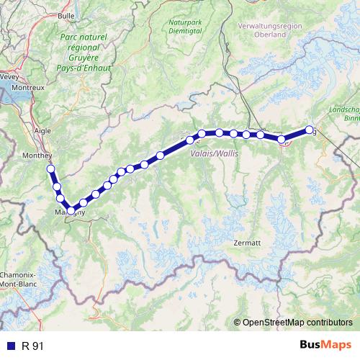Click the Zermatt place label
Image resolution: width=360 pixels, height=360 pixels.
(246, 243)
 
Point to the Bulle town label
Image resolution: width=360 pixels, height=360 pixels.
(66, 15)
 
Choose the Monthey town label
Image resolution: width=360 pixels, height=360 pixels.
(38, 156)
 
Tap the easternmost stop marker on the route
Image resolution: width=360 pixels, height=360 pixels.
(310, 130)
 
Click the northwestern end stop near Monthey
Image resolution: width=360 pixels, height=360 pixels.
(50, 169)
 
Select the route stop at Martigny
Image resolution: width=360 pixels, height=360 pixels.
(71, 210)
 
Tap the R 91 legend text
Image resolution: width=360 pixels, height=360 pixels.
(33, 346)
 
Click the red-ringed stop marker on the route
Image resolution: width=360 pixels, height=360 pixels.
(283, 140)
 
